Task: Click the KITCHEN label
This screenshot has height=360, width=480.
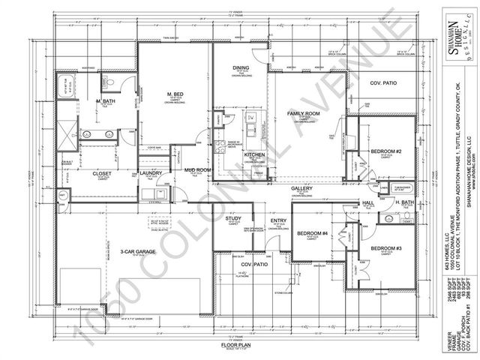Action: (x=255, y=154)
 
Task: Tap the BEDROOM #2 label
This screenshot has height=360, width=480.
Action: (x=387, y=152)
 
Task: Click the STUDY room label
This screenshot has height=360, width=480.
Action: (x=232, y=218)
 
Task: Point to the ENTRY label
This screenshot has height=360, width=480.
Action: (x=278, y=220)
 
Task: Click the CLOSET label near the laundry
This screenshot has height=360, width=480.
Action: (x=102, y=173)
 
